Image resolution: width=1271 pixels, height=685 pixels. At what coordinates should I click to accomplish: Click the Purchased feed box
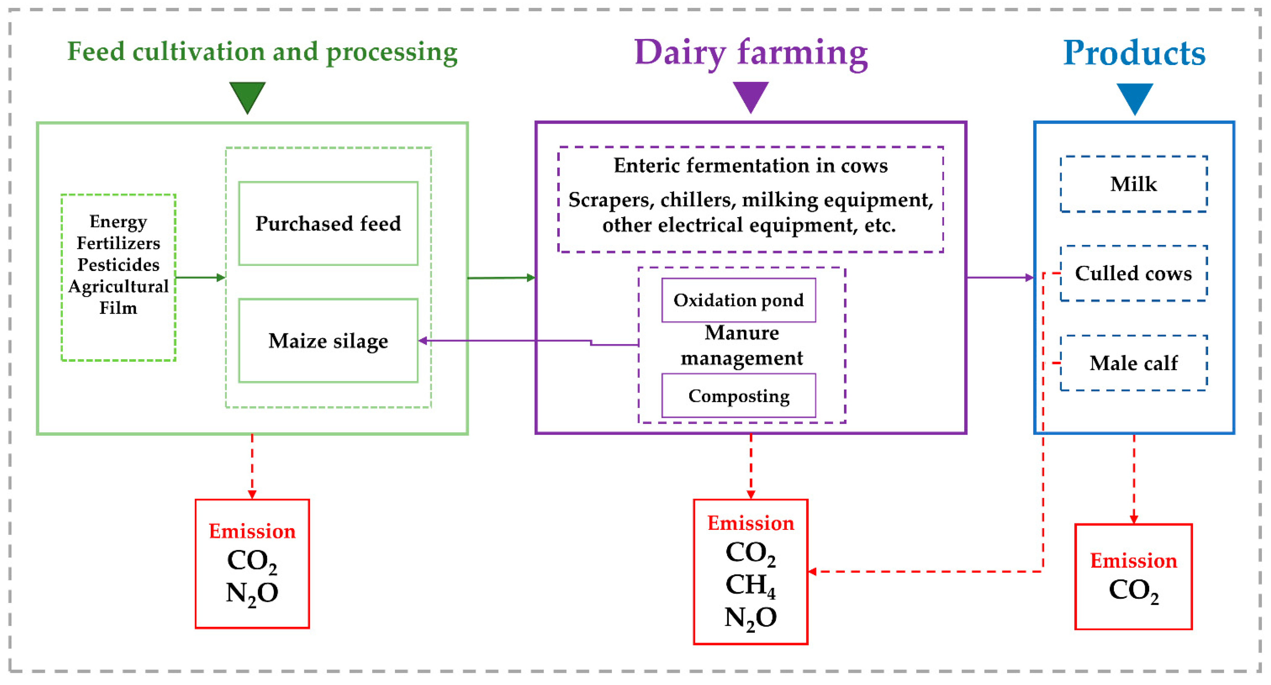[x=328, y=223]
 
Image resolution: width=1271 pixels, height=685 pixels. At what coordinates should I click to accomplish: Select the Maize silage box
[x=328, y=341]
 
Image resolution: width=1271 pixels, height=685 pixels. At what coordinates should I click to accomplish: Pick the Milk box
[x=1133, y=184]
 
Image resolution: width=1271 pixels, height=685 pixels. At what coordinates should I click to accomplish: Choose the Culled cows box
[x=1133, y=273]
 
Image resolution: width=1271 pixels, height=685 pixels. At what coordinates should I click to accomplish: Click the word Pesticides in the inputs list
[x=119, y=265]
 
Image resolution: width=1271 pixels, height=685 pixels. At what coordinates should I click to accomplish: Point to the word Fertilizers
[x=119, y=243]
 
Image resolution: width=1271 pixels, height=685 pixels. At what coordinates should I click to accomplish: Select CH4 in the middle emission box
[x=750, y=585]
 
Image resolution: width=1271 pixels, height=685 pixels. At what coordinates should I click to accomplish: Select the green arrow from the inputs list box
[x=200, y=277]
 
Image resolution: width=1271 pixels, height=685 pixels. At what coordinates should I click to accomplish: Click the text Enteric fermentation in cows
[x=751, y=165]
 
